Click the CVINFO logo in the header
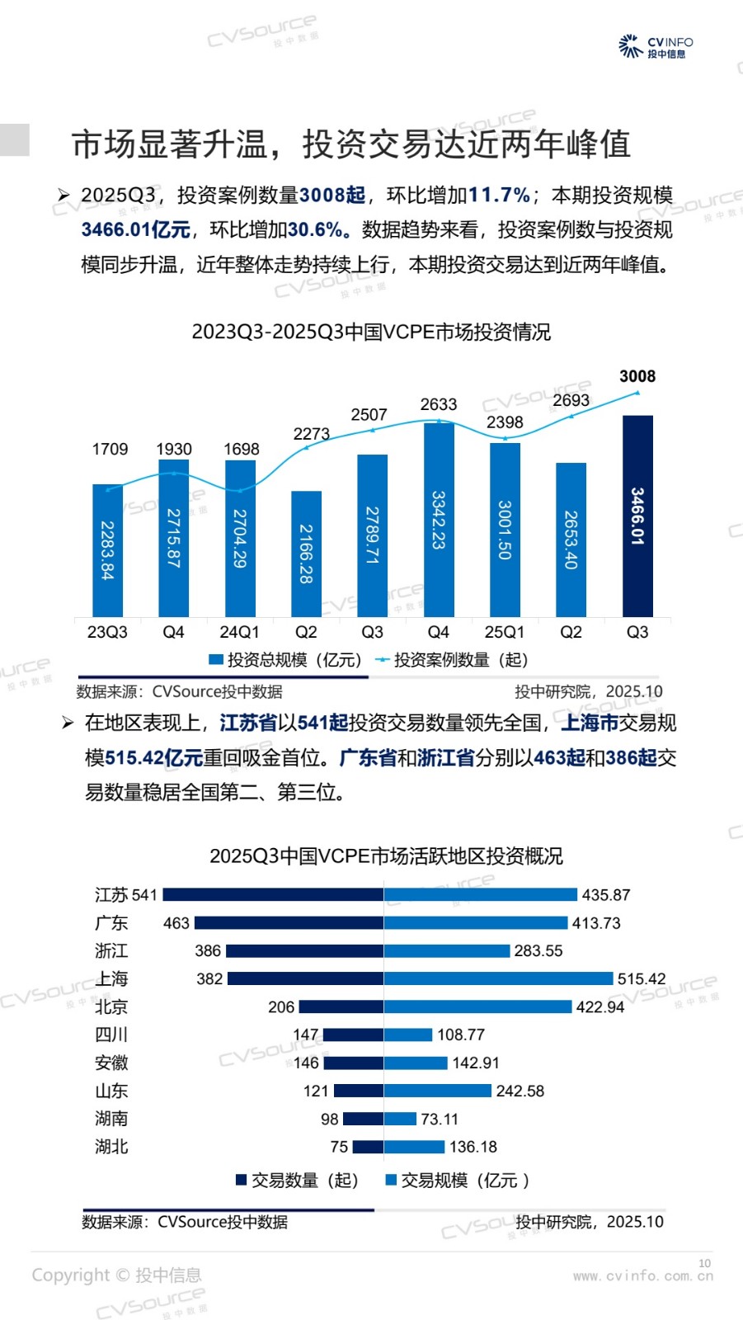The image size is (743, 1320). coord(656,47)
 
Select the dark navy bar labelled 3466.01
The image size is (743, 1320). coord(637,516)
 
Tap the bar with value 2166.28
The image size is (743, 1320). coord(306,553)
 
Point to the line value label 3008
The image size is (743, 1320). coord(637,376)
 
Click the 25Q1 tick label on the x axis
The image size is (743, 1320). coord(504,632)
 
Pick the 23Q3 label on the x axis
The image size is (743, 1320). coord(107,632)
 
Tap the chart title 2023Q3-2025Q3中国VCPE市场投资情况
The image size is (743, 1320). coord(371,332)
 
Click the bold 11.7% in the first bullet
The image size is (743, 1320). coord(499,196)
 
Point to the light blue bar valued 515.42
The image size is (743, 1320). coord(498,978)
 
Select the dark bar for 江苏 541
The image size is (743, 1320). coord(273,894)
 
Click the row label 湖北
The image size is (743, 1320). coord(111,1146)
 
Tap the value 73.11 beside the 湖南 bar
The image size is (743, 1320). coord(440,1119)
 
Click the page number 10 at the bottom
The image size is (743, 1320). coord(704,1263)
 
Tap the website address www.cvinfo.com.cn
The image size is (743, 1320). coord(643,1275)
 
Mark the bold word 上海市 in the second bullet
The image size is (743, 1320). coord(590,724)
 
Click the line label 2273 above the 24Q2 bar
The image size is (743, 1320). coord(311,434)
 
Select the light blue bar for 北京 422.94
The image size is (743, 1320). coord(477,1006)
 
